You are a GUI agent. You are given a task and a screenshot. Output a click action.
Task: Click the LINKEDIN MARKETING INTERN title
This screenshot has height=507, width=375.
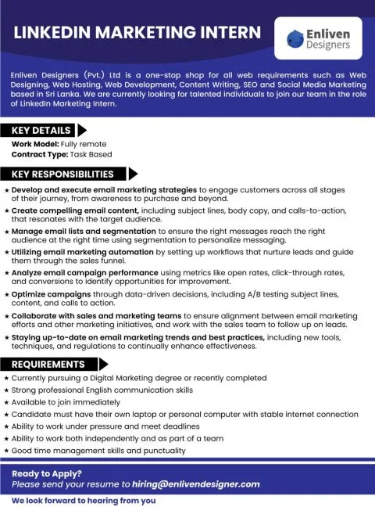tap(137, 32)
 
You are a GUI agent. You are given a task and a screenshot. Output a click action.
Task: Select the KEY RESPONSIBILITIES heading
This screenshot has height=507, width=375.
tap(62, 174)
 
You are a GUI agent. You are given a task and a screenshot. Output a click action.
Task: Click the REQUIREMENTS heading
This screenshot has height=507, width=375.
tap(48, 364)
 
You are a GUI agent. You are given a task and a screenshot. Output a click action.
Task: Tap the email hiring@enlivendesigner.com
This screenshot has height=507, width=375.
tap(195, 484)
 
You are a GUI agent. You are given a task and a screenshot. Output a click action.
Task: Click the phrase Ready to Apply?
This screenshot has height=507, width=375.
tap(46, 473)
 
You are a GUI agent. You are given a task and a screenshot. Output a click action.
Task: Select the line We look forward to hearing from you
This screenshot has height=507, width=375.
tap(84, 500)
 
